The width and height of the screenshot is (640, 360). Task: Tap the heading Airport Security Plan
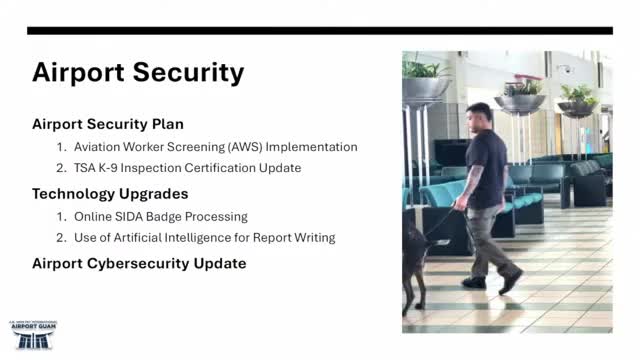[107, 124]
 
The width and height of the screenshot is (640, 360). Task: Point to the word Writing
[312, 237]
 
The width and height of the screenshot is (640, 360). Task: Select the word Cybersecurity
[141, 263]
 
